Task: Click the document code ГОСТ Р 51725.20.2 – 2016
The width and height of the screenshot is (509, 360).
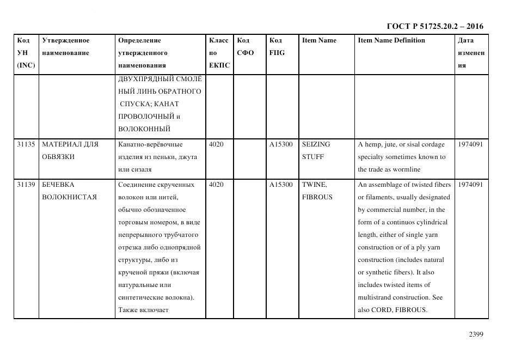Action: pos(434,26)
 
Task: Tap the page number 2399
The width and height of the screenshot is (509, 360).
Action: pos(476,334)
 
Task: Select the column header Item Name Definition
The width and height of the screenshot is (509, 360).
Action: pos(391,40)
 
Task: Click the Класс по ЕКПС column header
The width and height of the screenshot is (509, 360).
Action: pos(219,53)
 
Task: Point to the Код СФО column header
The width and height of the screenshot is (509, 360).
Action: pos(246,47)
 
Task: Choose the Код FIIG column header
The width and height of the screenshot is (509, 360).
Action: pos(277,47)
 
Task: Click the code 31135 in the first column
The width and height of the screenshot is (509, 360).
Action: pos(26,144)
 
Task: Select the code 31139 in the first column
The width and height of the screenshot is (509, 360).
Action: pos(26,185)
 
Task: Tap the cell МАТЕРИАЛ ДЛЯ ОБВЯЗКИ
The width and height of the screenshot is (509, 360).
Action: pos(70,151)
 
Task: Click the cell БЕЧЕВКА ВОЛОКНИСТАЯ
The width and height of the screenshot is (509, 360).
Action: pos(69,191)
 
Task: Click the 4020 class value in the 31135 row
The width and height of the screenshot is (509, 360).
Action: pos(216,144)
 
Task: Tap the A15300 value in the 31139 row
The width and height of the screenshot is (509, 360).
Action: pos(281,185)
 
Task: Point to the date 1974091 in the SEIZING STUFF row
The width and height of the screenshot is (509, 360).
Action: pos(470,144)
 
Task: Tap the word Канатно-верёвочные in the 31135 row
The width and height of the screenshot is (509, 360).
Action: pos(150,144)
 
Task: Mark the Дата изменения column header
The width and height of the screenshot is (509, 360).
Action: pos(470,53)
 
